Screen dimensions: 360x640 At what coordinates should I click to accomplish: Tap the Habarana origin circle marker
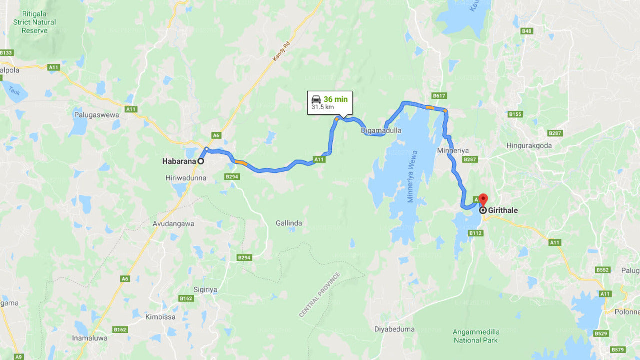201,161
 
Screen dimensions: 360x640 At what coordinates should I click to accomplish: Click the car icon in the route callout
316,99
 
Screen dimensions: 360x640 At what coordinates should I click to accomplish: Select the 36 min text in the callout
335,99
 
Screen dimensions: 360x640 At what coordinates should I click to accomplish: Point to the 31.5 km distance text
323,107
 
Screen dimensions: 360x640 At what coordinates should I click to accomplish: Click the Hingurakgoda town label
529,146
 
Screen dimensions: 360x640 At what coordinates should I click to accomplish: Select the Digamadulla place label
381,131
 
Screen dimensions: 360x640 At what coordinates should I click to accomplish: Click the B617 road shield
439,95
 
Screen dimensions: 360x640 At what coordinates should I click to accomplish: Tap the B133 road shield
6,52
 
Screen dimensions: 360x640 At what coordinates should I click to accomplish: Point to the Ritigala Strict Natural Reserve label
34,22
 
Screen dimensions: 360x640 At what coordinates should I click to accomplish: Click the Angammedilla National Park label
475,336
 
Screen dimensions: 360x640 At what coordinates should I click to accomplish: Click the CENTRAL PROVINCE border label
320,295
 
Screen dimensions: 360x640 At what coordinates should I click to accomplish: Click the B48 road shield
526,31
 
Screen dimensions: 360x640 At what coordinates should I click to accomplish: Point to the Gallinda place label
289,223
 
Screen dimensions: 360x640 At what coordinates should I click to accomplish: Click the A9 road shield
19,356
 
